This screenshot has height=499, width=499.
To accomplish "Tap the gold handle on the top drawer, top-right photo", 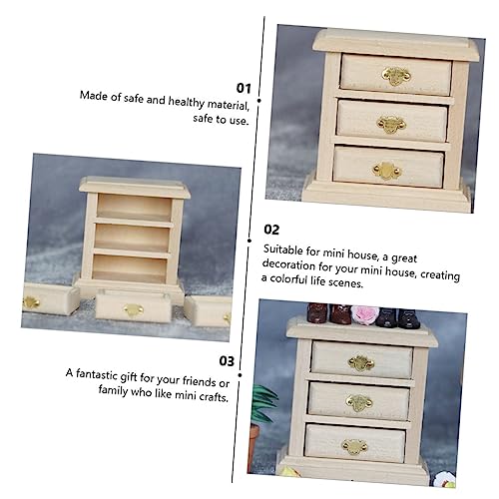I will pos(396,75).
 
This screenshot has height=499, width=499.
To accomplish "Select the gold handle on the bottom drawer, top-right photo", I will pos(385,170).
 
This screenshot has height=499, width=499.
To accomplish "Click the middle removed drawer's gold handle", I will pos(133,310).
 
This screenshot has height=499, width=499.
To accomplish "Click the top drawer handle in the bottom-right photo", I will pos(361,363).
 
